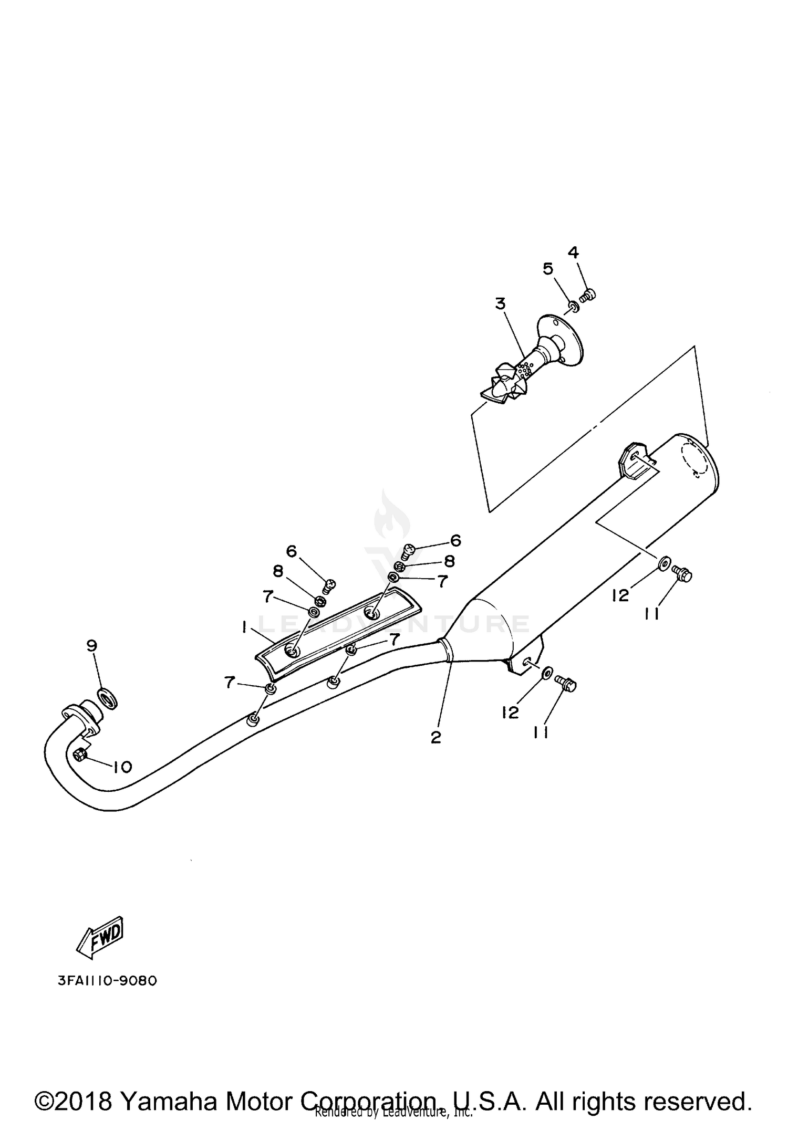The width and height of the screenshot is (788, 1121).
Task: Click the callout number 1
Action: pyautogui.click(x=244, y=627)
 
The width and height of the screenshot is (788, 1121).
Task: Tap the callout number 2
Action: pyautogui.click(x=436, y=737)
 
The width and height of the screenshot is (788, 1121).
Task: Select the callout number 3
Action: pyautogui.click(x=500, y=303)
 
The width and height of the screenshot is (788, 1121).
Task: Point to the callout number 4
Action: pyautogui.click(x=573, y=253)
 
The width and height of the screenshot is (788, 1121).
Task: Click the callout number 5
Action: pyautogui.click(x=548, y=269)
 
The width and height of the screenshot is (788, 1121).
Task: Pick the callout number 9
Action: pyautogui.click(x=92, y=646)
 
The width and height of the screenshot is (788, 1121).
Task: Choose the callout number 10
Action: pyautogui.click(x=122, y=767)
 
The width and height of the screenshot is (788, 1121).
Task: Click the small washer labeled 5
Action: pyautogui.click(x=574, y=306)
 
